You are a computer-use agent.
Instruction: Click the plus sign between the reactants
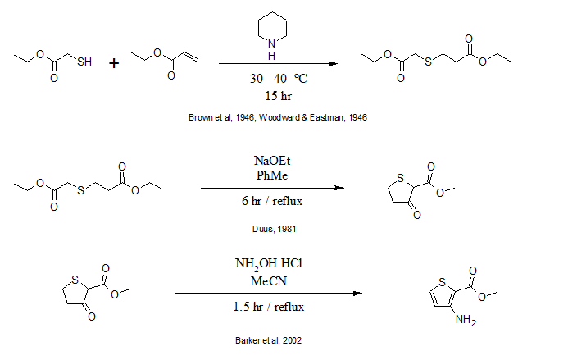[x=114, y=62]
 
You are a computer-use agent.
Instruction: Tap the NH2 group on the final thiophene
[x=467, y=321]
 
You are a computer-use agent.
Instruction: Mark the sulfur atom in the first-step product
[x=426, y=60]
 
